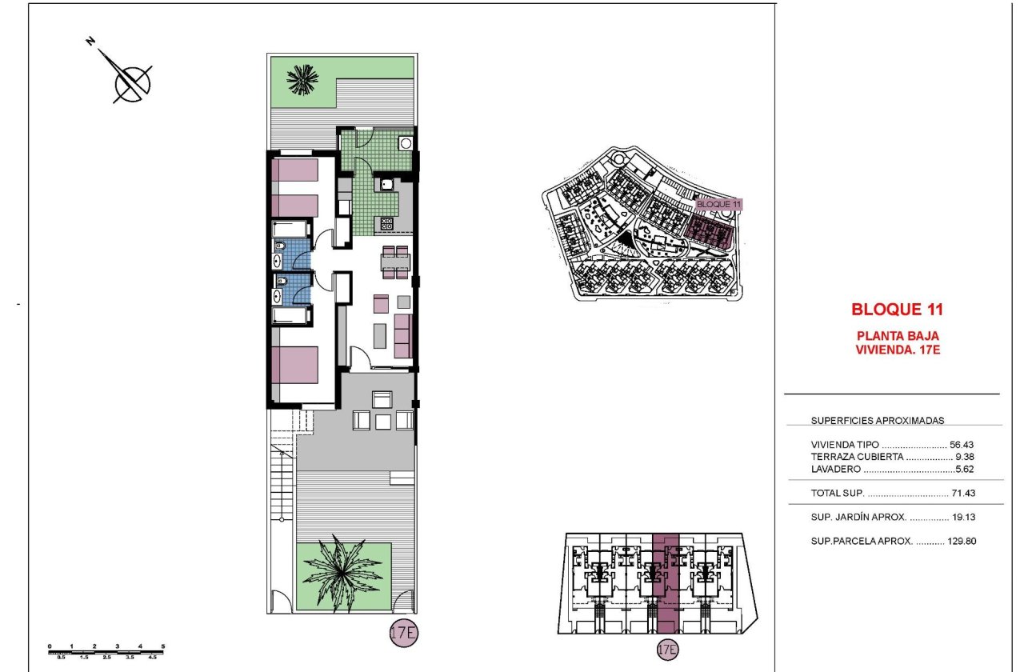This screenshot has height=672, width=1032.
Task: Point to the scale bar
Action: [x=106, y=651]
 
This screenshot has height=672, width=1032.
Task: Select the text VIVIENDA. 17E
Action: [x=897, y=349]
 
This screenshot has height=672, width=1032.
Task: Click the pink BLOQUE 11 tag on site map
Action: [x=718, y=205]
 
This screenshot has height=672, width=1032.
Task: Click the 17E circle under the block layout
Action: [x=666, y=648]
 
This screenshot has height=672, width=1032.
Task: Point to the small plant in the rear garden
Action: [x=302, y=78]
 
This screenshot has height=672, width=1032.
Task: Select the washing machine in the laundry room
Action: [x=406, y=144]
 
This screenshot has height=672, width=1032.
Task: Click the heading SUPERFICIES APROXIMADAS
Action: [x=877, y=420]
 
